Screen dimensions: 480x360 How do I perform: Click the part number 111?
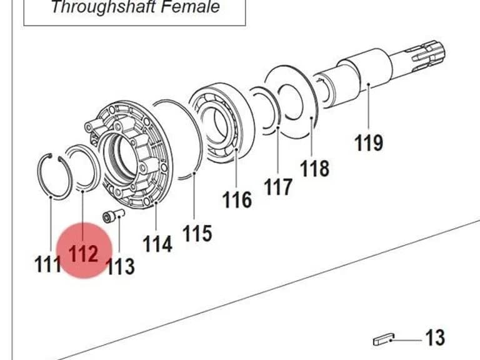47,264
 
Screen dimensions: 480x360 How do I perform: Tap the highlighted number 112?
83,254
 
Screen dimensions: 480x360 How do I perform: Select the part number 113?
120,266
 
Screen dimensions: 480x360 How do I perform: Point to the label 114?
157,244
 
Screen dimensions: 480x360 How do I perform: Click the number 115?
197,233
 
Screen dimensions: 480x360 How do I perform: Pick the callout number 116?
237,199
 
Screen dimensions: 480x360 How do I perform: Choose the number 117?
278,187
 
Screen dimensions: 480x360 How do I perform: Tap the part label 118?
315,168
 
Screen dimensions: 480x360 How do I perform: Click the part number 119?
369,142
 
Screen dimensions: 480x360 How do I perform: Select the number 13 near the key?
435,338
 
